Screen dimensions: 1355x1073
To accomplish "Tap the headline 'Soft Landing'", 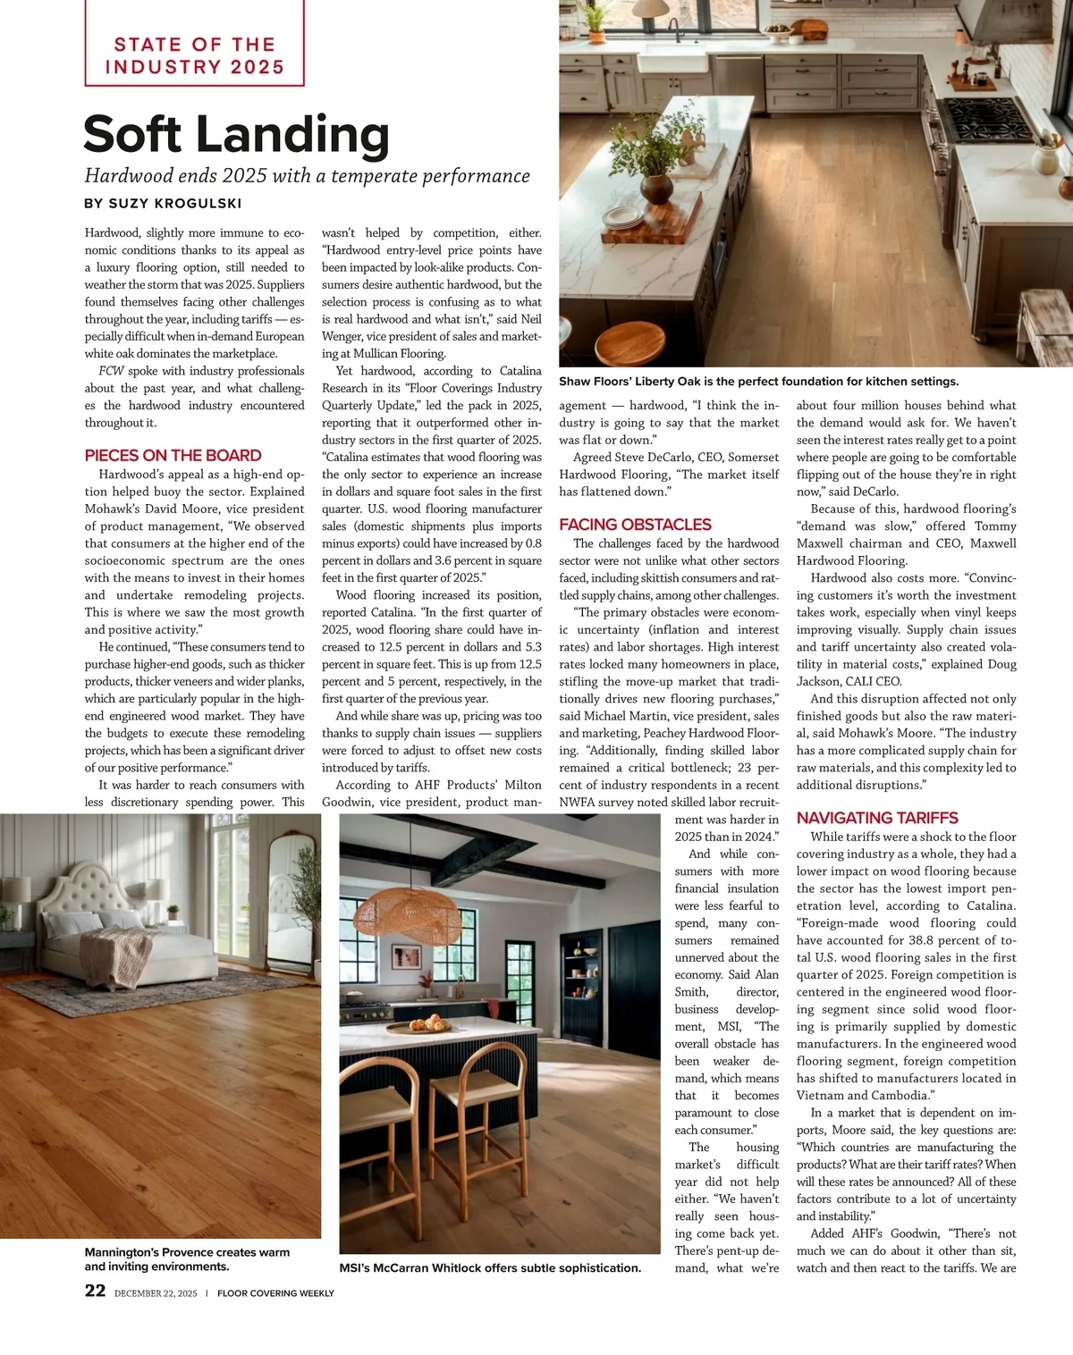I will click(237, 134).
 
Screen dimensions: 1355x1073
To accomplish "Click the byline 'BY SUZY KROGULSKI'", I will click(163, 203).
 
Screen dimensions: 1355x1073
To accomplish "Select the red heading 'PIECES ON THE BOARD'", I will click(173, 455).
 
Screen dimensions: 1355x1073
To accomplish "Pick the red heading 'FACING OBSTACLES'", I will click(635, 525).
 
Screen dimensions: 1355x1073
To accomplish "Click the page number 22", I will click(95, 1291).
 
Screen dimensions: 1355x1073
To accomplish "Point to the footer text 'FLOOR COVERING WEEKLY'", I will click(275, 1292).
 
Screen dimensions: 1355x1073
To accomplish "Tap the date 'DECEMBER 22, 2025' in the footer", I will click(156, 1292).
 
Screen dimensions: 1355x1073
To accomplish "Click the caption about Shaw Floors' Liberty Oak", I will click(758, 382).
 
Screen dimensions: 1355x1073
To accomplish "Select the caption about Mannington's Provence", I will click(187, 1259).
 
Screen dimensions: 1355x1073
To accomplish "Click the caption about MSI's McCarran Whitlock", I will click(490, 1267).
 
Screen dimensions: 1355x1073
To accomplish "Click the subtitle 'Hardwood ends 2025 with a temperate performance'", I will click(307, 176).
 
